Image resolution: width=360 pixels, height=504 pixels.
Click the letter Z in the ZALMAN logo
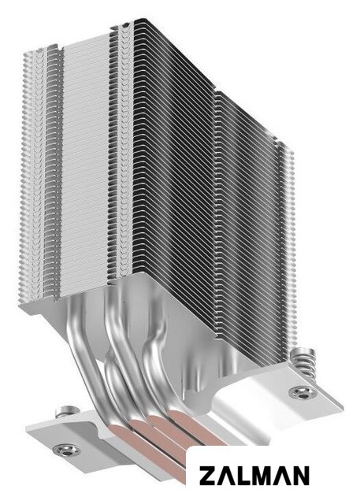tap(208, 476)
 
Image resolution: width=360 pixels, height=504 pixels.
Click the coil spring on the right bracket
tap(303, 362)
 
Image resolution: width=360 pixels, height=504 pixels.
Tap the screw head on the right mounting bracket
tap(302, 392)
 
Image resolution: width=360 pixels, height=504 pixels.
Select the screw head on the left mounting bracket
tap(67, 450)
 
